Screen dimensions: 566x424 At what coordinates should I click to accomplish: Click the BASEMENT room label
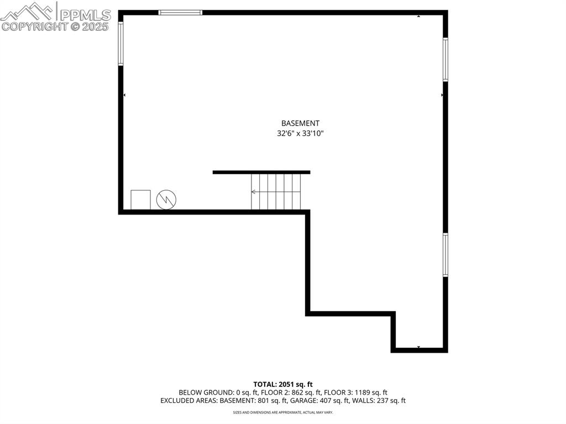coord(300,123)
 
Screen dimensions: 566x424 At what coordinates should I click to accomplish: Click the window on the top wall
coord(181,13)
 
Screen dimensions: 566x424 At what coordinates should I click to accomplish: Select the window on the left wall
coord(121,44)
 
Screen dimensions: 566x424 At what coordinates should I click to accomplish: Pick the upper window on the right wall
coord(446,60)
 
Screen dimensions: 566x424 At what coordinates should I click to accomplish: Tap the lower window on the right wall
coord(446,255)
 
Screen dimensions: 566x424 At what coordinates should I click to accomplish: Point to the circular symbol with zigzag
coord(166,200)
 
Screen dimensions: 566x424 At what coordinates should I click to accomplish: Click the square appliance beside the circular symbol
coord(140,200)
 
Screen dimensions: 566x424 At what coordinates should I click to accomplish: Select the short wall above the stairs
coord(261,172)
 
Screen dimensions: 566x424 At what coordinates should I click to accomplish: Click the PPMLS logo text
coord(85,15)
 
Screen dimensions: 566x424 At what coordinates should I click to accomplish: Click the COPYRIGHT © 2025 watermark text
coord(55,27)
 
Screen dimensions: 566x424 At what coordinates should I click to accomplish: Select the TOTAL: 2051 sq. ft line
coord(283,384)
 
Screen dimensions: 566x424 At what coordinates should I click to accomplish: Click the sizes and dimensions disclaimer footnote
coord(283,412)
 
